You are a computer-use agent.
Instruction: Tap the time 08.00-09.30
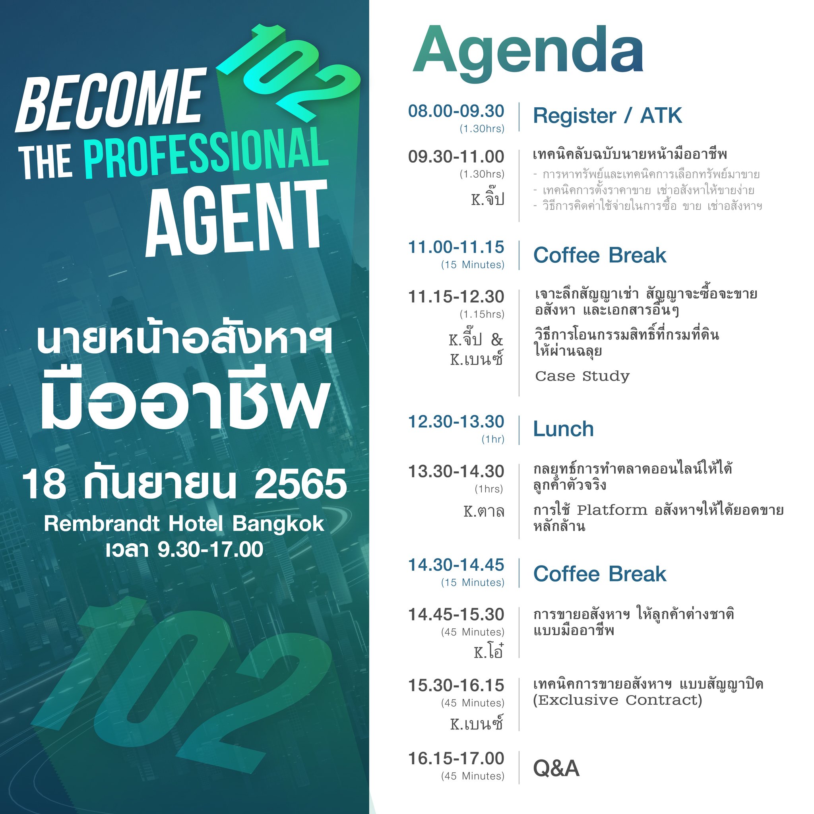coord(456,111)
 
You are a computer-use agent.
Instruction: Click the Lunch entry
coord(563,429)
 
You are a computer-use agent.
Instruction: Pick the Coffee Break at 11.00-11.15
coord(600,255)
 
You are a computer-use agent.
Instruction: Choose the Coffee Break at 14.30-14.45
coord(600,574)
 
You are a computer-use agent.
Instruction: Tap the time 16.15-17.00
coord(456,758)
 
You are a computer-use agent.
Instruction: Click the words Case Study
coord(582,376)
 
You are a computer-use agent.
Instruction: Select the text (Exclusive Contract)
coord(618,700)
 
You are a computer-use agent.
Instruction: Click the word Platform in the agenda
coord(612,510)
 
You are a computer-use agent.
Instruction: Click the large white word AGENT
coord(236,218)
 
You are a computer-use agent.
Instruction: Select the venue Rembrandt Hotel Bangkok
coord(184,524)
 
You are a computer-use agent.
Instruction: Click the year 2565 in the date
coord(300,485)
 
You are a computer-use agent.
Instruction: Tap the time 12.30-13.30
coord(456,422)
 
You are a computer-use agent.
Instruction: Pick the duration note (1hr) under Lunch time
coord(493,440)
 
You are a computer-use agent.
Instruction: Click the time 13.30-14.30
coord(456,471)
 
